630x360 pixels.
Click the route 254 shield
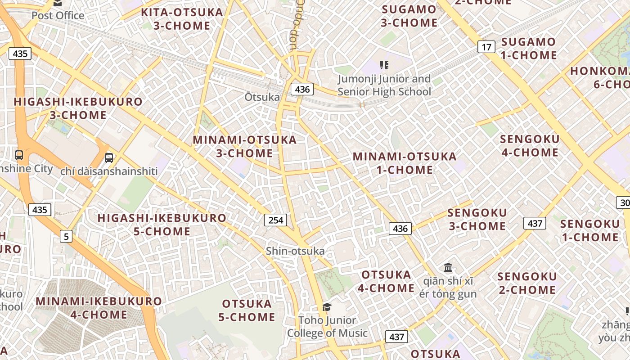click(x=275, y=220)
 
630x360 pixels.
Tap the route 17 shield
click(x=486, y=47)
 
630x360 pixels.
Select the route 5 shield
click(x=66, y=236)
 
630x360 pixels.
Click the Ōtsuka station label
click(x=262, y=97)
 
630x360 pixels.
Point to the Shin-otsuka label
click(x=295, y=251)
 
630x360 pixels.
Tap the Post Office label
click(x=58, y=15)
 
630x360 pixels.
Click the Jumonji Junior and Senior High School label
click(x=384, y=85)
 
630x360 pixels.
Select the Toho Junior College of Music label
click(x=327, y=327)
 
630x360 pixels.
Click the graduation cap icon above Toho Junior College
click(x=327, y=307)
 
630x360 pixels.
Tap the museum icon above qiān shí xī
click(x=448, y=268)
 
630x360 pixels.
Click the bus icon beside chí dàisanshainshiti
click(x=109, y=158)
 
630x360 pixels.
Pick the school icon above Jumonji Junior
click(x=384, y=66)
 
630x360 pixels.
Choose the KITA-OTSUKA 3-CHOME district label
click(x=182, y=19)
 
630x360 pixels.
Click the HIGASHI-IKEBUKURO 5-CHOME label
click(x=162, y=225)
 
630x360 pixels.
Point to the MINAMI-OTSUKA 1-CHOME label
click(x=404, y=163)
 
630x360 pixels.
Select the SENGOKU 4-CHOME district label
click(x=530, y=145)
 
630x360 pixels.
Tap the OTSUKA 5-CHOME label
click(x=247, y=310)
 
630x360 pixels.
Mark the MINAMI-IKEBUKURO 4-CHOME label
click(x=99, y=307)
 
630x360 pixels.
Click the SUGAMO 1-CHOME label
click(x=528, y=49)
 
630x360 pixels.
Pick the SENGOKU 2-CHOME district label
click(x=527, y=283)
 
